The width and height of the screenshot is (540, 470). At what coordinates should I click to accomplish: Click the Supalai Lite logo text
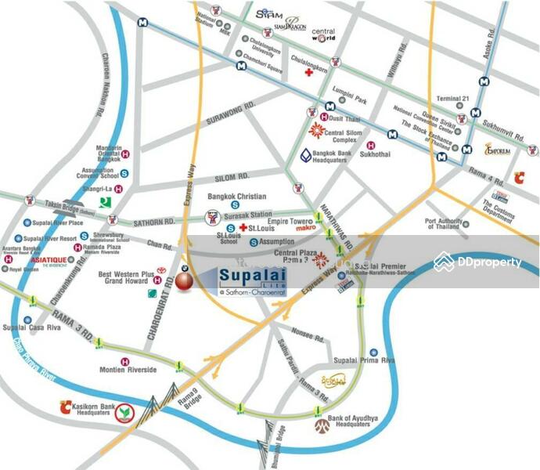point(247,278)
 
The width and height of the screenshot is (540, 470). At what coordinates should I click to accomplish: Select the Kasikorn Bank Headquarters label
point(87,410)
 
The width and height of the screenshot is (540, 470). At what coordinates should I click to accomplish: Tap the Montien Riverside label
point(128,370)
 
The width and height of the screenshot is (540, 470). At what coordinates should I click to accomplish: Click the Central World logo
point(323,35)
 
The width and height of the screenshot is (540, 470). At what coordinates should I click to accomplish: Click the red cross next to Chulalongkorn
point(309,73)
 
